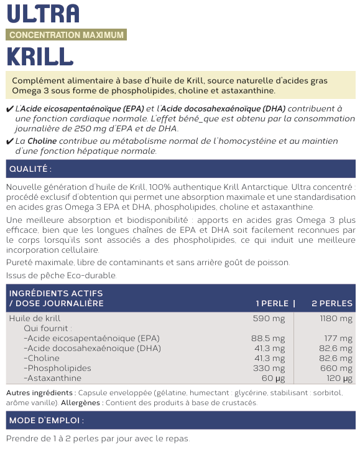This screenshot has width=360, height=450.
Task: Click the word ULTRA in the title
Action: [43, 13]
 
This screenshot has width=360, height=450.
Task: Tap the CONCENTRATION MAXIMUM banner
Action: [67, 35]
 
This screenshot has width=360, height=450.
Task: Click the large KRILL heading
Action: [40, 56]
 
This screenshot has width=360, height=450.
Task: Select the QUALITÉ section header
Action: [30, 169]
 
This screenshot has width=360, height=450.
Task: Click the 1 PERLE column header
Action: [272, 303]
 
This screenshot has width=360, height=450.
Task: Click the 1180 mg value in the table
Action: [336, 319]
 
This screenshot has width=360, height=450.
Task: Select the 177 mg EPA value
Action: [340, 339]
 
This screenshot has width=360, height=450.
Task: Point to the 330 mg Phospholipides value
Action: [270, 368]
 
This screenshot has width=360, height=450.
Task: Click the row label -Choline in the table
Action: [42, 358]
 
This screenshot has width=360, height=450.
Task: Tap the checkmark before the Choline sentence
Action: [9, 142]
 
